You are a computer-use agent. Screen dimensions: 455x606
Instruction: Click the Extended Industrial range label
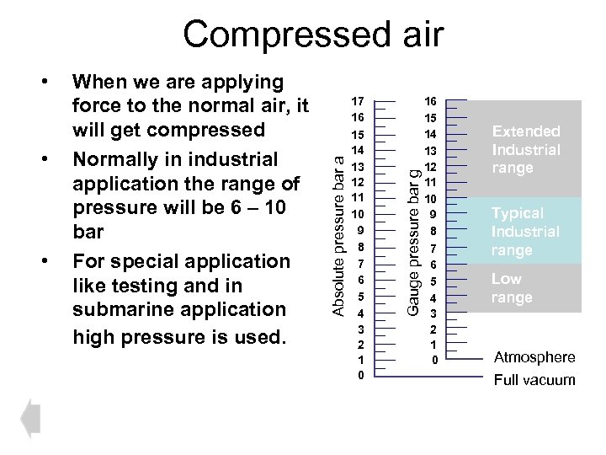[526, 149]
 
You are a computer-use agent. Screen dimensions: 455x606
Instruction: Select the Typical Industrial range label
[525, 232]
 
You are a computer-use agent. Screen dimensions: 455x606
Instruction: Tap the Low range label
[512, 288]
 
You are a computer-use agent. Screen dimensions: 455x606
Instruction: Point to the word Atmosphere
[534, 356]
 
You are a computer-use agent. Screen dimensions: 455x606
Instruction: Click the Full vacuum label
[534, 380]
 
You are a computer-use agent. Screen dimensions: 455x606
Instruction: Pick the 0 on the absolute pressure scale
[359, 375]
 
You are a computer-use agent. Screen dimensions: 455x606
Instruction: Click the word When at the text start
[99, 82]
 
